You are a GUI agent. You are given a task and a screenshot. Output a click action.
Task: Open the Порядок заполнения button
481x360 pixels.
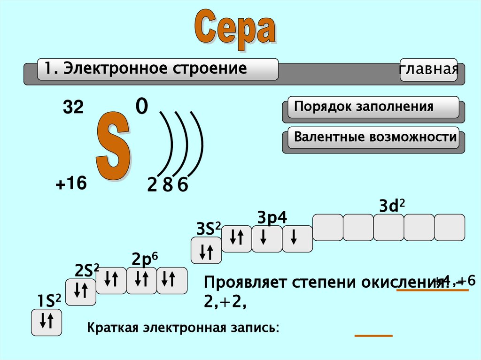point(371,107)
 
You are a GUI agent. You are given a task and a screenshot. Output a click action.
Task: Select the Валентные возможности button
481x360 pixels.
point(373,138)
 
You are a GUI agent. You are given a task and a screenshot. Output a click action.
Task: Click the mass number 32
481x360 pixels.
point(73,109)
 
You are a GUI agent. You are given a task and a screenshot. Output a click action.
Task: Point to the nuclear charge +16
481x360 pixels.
point(71,184)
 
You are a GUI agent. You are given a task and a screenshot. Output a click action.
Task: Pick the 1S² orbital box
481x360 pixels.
point(47,322)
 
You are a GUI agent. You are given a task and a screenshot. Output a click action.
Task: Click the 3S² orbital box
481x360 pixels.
point(206,250)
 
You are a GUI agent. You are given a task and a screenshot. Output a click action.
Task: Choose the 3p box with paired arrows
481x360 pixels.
point(236,239)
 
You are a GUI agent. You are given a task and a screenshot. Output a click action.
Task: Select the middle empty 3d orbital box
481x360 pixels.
point(388,228)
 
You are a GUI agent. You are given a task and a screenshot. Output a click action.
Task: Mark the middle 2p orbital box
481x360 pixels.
point(141,280)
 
